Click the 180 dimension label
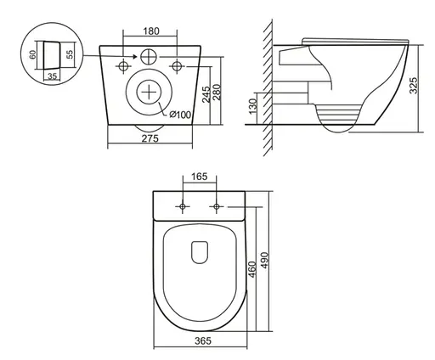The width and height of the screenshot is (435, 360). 150,31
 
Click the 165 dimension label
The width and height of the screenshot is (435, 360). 201,177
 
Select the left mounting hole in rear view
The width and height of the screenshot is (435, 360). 124,65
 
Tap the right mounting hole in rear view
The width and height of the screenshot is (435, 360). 176,65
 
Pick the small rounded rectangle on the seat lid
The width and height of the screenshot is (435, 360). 201,252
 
